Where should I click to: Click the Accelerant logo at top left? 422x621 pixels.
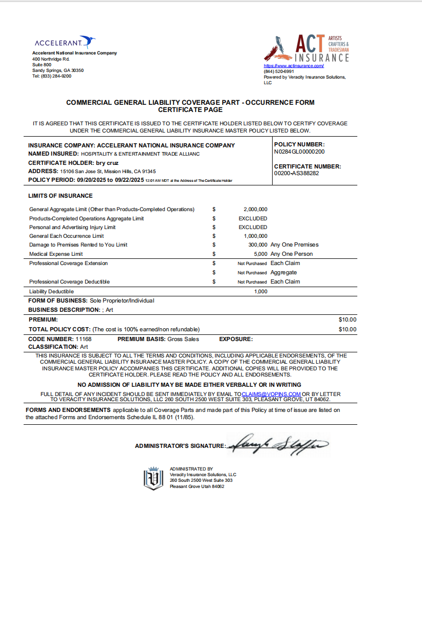tap(65, 43)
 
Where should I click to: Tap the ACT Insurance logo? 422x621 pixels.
tap(306, 48)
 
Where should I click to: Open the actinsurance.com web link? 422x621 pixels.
tap(294, 66)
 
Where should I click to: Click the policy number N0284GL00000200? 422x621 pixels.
tap(299, 152)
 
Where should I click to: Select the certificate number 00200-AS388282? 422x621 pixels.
tap(297, 174)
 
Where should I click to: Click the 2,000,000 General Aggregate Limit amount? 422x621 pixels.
tap(255, 210)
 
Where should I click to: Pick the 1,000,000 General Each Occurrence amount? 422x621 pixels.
tap(255, 236)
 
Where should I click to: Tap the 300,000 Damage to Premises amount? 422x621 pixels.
tap(257, 245)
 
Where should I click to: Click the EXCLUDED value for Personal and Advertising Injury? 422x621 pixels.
tap(253, 228)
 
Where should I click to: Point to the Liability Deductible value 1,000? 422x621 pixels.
tap(261, 292)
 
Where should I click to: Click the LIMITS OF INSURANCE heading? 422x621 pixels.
tap(61, 196)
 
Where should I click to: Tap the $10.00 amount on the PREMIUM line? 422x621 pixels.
tap(347, 320)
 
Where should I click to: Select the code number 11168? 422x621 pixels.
tap(83, 340)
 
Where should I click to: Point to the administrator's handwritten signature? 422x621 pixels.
tap(277, 444)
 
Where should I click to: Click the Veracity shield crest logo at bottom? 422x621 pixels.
tap(152, 478)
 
